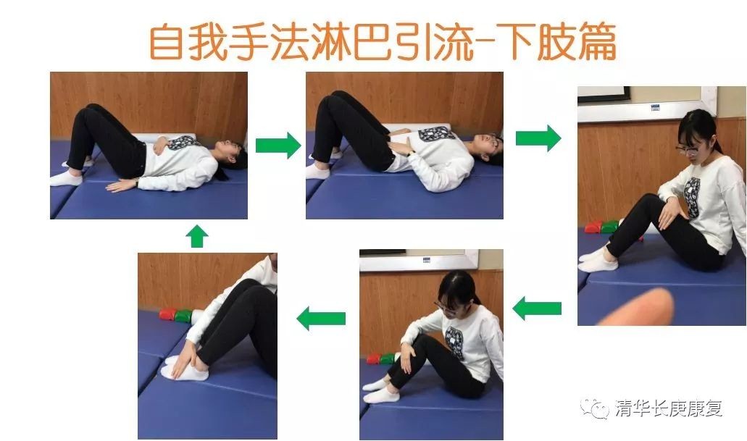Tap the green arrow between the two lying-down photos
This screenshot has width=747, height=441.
pyautogui.click(x=278, y=146)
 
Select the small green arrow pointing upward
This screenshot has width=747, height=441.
pyautogui.click(x=197, y=237)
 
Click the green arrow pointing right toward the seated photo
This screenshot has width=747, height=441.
pyautogui.click(x=538, y=138)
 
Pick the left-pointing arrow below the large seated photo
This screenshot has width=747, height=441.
pyautogui.click(x=537, y=308)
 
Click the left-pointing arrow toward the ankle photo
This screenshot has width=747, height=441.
pyautogui.click(x=321, y=318)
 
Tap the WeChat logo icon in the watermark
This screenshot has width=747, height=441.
pyautogui.click(x=595, y=408)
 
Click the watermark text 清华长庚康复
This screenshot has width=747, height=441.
pyautogui.click(x=669, y=408)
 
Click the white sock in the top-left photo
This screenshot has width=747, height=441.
pyautogui.click(x=66, y=179)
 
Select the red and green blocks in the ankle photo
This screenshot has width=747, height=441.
pyautogui.click(x=175, y=315)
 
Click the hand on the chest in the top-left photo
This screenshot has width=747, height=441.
pyautogui.click(x=160, y=144)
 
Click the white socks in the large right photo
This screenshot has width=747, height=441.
pyautogui.click(x=598, y=259)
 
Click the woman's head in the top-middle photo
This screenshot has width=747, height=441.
pyautogui.click(x=491, y=146)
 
